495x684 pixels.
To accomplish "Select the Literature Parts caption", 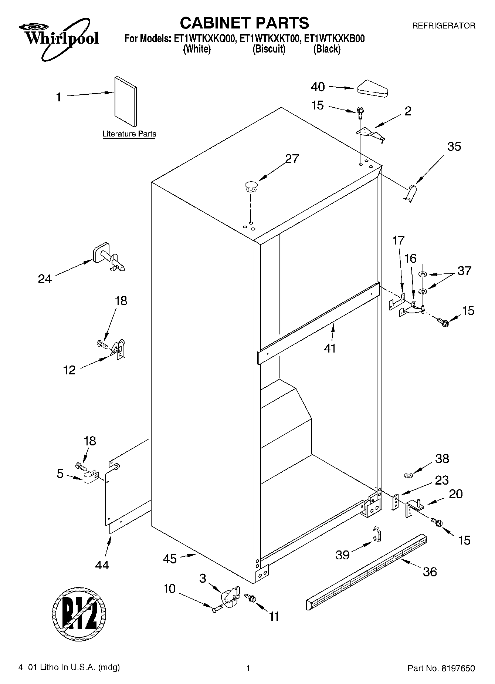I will [129, 134].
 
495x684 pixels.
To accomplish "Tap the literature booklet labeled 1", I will [125, 102].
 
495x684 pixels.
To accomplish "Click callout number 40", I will [318, 87].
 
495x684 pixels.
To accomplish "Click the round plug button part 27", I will [251, 185].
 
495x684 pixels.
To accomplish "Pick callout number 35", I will [454, 146].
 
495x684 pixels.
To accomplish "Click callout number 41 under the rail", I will [330, 348].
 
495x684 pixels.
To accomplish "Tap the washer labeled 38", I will [409, 475].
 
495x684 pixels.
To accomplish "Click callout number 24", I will [45, 279].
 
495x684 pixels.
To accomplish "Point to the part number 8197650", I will [457, 668].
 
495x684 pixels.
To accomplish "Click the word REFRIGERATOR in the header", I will [444, 26].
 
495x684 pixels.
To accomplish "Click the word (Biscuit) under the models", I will [269, 49].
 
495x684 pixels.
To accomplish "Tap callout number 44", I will [102, 565].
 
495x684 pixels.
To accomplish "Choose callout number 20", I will [455, 494].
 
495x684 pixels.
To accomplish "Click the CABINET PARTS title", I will [244, 23].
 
